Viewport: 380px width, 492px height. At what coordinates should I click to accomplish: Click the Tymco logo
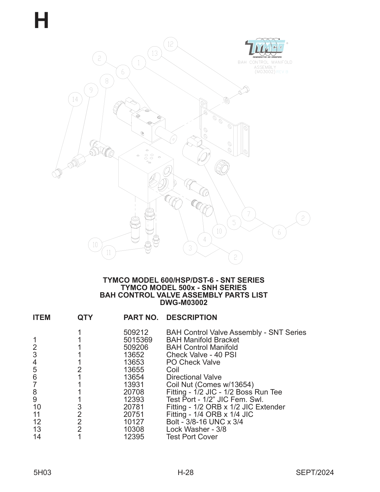(265, 48)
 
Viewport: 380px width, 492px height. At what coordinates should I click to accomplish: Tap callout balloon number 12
(170, 44)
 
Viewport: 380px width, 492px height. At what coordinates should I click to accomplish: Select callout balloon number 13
(154, 53)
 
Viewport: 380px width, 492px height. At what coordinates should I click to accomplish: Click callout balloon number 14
(75, 99)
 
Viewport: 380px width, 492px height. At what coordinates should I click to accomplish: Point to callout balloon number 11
(108, 253)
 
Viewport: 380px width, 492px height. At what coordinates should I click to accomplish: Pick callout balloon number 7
(249, 214)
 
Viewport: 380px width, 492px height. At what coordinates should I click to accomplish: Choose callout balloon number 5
(234, 222)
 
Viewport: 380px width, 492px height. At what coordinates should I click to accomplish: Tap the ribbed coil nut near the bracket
(222, 167)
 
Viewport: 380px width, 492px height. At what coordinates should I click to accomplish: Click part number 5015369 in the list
(138, 340)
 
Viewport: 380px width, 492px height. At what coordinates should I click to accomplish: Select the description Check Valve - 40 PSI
(201, 355)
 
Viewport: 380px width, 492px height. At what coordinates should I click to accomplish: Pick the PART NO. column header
(141, 317)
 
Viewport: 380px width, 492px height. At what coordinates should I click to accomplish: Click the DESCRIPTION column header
(191, 317)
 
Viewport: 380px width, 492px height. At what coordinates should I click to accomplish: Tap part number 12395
(134, 437)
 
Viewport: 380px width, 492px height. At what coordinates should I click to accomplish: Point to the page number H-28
(185, 472)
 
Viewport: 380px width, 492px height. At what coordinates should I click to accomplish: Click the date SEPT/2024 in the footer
(314, 472)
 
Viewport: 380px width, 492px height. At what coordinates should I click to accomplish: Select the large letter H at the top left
(41, 21)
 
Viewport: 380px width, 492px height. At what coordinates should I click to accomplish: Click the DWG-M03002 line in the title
(184, 303)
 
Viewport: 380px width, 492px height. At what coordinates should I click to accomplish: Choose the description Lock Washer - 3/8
(196, 429)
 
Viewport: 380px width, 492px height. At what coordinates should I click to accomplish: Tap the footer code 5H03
(42, 472)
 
